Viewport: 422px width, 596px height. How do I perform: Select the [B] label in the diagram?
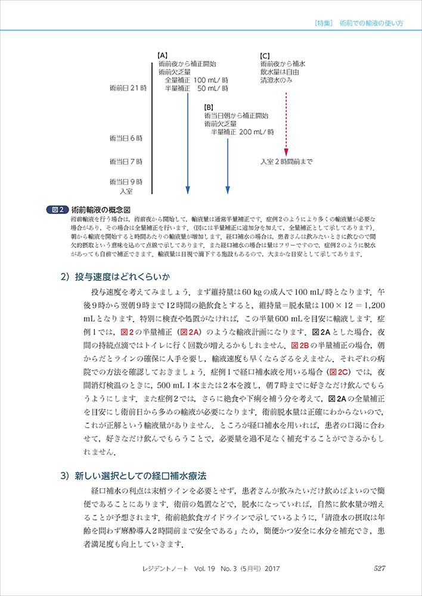click(209, 107)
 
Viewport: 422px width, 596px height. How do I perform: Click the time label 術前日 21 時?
click(128, 88)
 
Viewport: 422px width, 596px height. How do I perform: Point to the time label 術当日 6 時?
click(126, 138)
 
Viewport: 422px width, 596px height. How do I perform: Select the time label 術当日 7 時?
click(126, 162)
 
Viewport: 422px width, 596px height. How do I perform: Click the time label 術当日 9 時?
click(126, 181)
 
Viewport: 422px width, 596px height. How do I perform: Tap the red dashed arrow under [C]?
click(286, 122)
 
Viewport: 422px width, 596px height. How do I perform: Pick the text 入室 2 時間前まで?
click(286, 162)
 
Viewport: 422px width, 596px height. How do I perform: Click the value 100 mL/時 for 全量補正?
click(211, 80)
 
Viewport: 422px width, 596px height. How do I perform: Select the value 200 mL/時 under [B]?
click(256, 132)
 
